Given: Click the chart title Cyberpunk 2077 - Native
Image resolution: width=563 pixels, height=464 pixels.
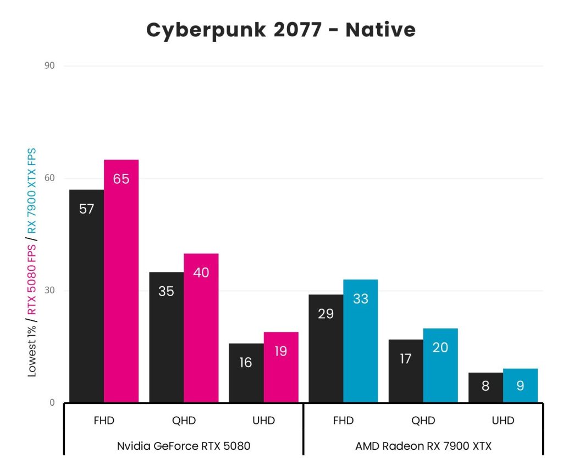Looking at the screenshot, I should (x=281, y=30).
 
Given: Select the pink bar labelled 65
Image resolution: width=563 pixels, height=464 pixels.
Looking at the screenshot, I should (x=121, y=281).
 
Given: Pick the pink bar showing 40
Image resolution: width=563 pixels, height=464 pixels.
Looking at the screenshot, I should (x=201, y=327).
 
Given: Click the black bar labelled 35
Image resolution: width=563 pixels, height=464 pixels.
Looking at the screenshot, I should (x=166, y=337).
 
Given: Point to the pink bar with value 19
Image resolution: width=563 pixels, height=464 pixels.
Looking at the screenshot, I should (x=281, y=367).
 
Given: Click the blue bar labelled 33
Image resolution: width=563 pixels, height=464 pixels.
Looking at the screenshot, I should (x=361, y=341).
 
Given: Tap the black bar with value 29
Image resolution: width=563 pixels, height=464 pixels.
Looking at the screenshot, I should (x=325, y=348).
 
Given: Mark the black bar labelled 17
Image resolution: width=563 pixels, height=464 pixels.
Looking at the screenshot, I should (x=405, y=370).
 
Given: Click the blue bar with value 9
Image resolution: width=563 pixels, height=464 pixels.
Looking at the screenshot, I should (x=520, y=385).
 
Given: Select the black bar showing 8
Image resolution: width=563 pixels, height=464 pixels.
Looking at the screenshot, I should (x=485, y=387).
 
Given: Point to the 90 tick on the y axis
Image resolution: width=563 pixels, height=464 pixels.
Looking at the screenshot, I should (x=50, y=66).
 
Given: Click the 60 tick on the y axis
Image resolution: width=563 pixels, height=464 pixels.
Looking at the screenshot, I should (x=50, y=178).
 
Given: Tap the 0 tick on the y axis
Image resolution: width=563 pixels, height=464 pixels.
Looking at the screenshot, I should (x=52, y=402).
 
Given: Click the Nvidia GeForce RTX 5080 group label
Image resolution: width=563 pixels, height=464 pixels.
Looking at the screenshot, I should (x=184, y=446).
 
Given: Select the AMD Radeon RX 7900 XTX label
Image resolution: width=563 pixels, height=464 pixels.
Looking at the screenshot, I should (x=423, y=446).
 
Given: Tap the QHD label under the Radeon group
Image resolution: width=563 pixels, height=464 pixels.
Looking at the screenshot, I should (x=423, y=421).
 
